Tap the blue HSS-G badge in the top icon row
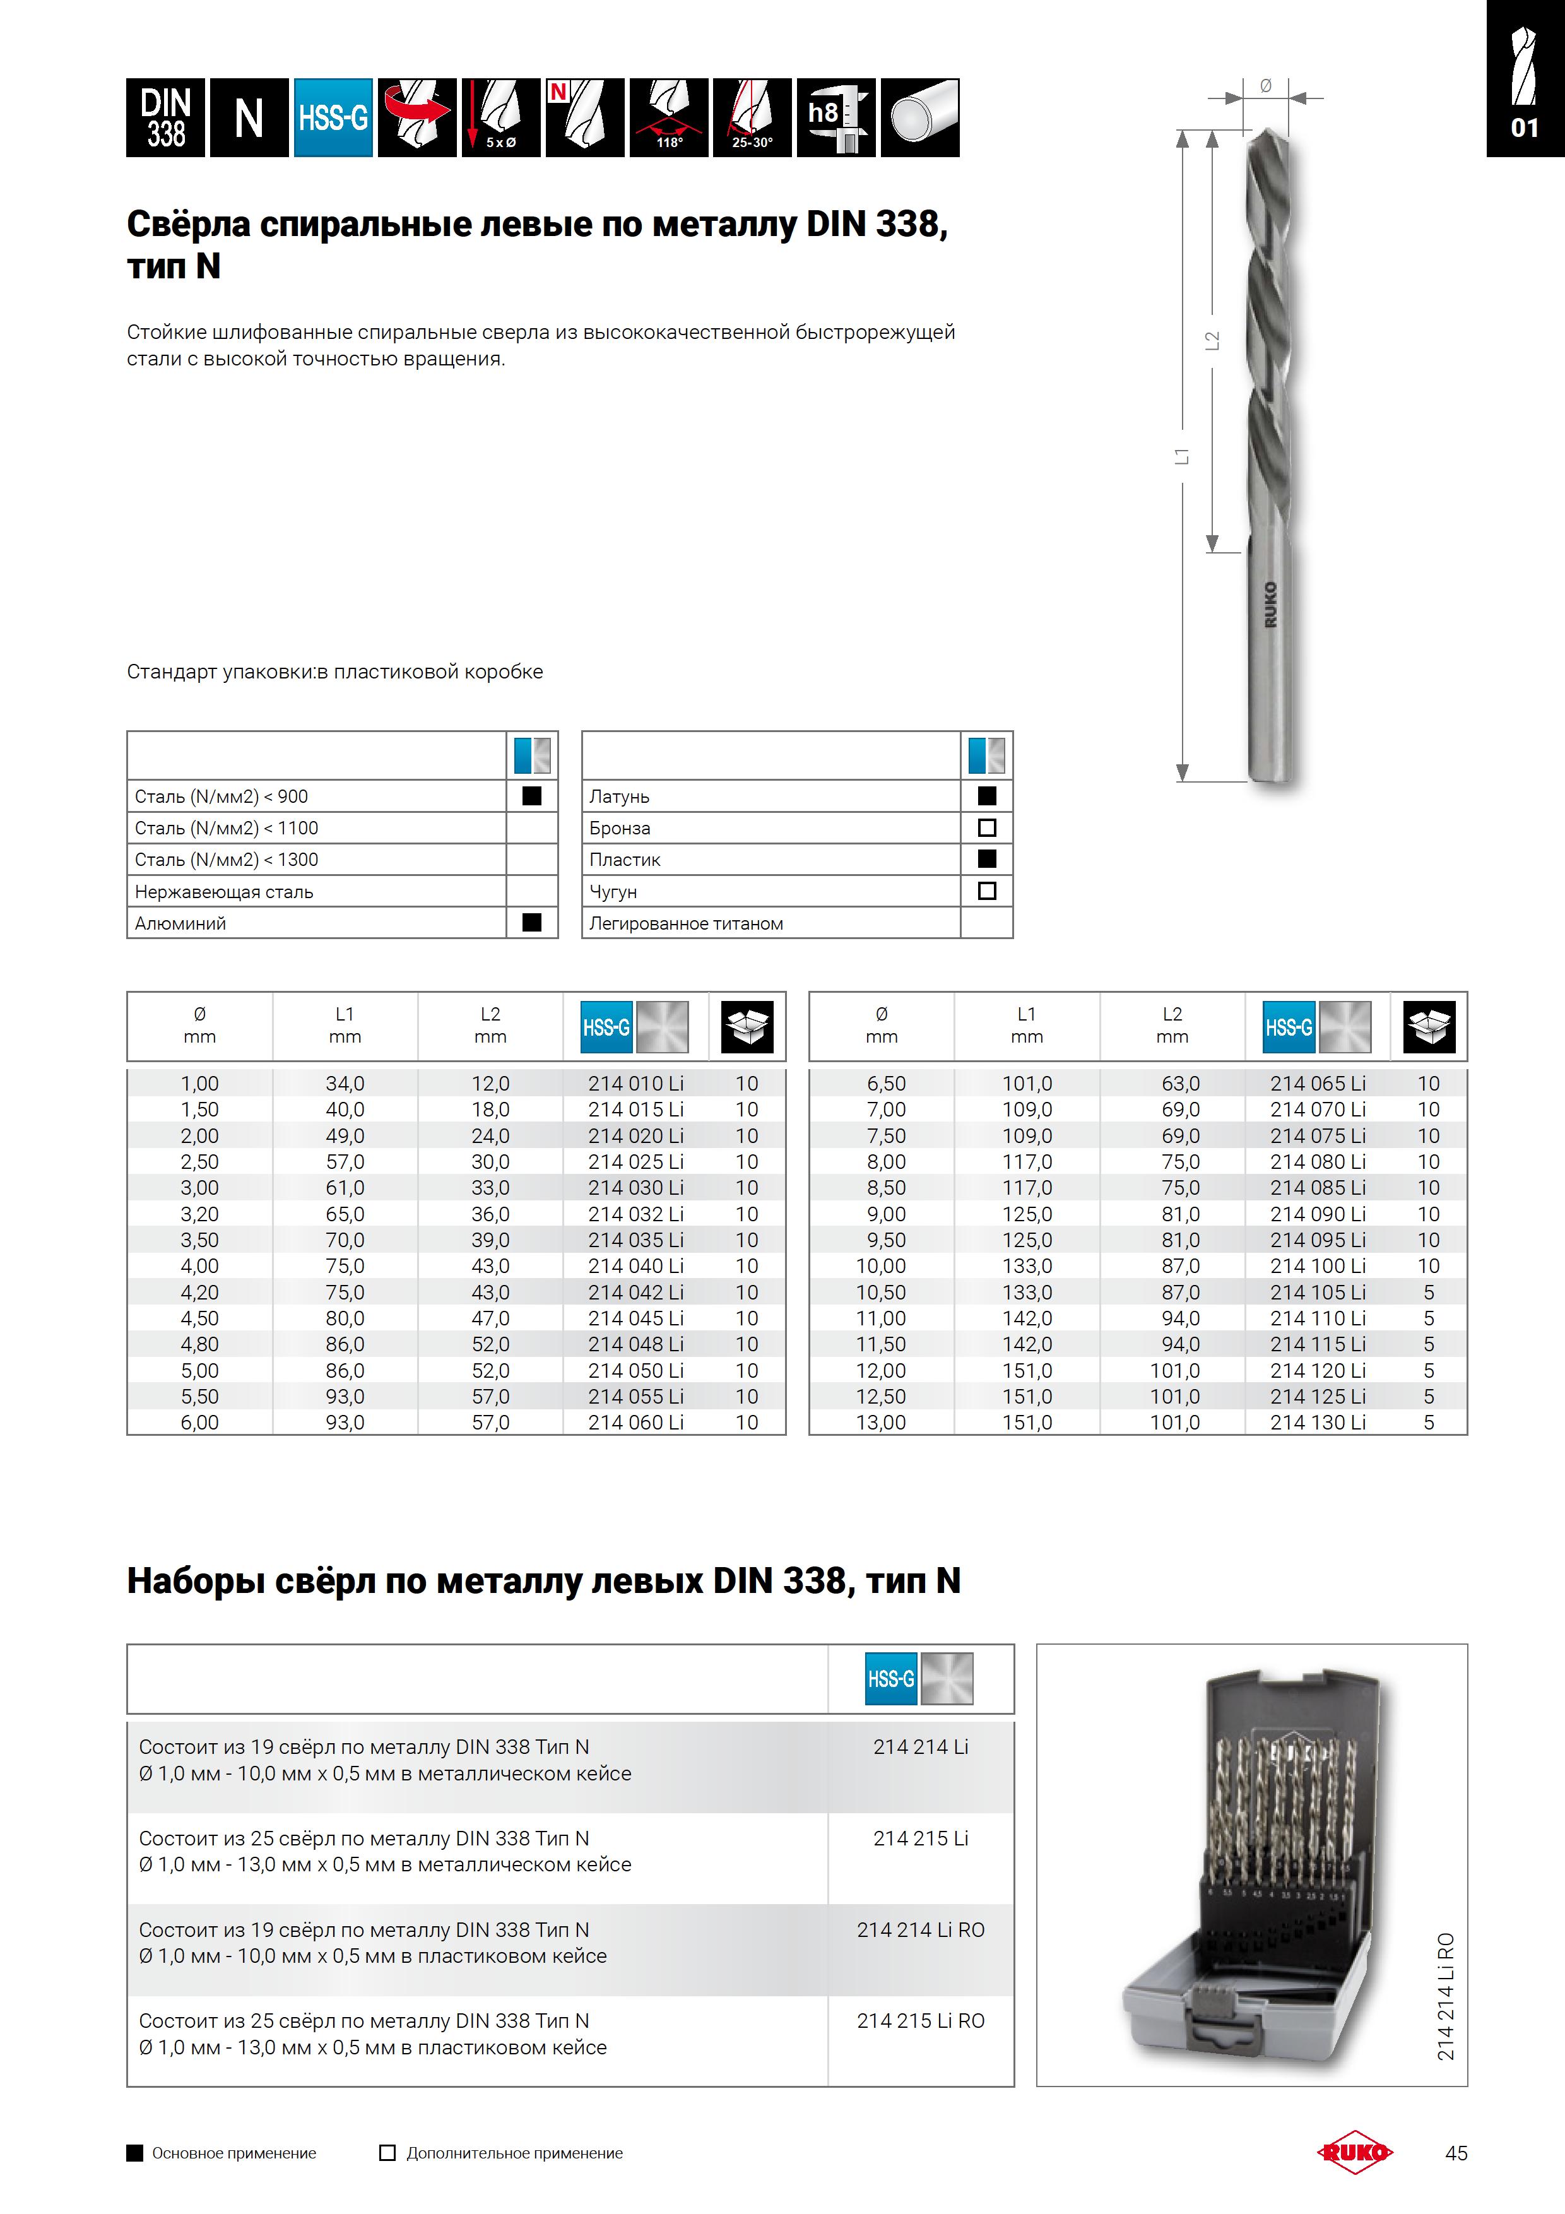tap(333, 117)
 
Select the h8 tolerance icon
tap(836, 117)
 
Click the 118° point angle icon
tap(669, 117)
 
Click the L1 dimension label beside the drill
tap(1182, 456)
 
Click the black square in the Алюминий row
tap(531, 923)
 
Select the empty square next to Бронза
tap(986, 827)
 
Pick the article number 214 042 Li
tap(635, 1292)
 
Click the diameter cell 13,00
tap(882, 1423)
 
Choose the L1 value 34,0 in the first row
tap(345, 1084)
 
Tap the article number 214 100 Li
tap(1317, 1266)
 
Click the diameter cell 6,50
tap(885, 1084)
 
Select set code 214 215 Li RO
tap(921, 2020)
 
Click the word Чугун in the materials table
tap(613, 892)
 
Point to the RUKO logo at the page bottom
tap(1355, 2152)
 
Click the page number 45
tap(1456, 2153)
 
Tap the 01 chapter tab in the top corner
tap(1525, 127)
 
